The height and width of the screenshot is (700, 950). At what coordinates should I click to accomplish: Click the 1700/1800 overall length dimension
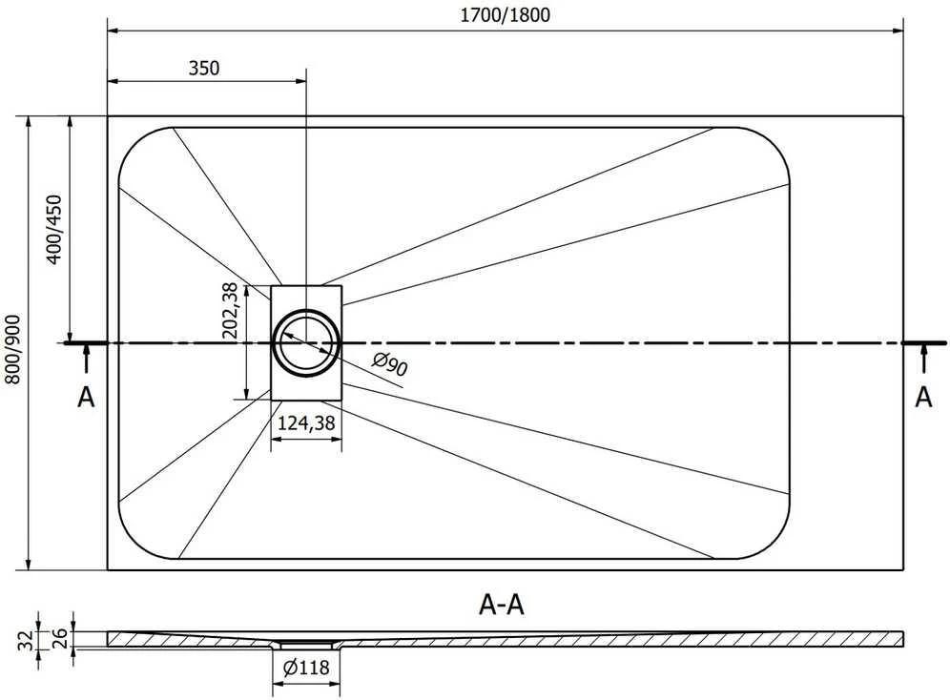click(x=506, y=14)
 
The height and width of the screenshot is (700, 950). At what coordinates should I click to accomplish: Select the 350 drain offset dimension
click(x=204, y=68)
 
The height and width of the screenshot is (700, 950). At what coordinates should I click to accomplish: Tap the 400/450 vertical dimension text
click(x=54, y=229)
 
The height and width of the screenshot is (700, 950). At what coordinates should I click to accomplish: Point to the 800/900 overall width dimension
click(x=12, y=349)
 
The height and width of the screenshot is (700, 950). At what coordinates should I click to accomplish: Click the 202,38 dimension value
click(x=230, y=310)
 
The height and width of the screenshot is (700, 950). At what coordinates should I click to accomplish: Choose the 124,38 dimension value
click(x=306, y=422)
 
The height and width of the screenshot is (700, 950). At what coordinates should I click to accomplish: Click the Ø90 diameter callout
click(x=390, y=364)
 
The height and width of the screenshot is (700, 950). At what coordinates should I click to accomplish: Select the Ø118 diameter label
click(x=306, y=668)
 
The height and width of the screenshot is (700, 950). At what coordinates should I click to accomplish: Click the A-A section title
click(x=502, y=605)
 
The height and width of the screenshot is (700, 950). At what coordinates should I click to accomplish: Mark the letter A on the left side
click(x=87, y=398)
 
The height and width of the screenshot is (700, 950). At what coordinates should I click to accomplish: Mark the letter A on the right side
click(x=923, y=398)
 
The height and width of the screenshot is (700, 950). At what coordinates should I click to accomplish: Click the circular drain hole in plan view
click(x=306, y=316)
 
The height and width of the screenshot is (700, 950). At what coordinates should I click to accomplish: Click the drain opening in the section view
click(x=306, y=644)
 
